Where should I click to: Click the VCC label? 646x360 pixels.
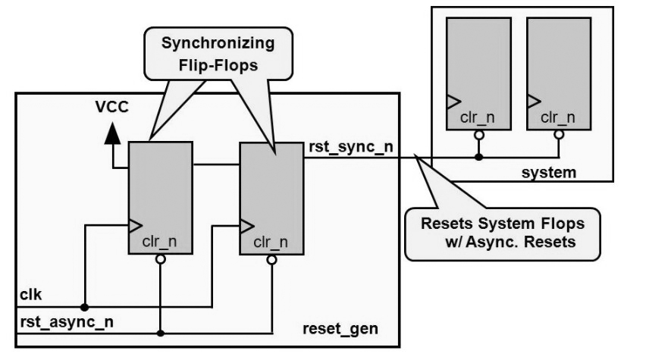point(112,107)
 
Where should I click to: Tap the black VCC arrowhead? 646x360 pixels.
point(112,133)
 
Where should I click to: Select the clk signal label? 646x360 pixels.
point(31,295)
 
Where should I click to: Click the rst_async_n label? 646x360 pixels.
point(67,321)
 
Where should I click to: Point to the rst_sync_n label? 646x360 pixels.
point(351,147)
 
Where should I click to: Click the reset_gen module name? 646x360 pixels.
point(340,329)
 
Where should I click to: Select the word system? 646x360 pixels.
point(549,172)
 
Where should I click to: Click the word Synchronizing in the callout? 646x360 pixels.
point(218,43)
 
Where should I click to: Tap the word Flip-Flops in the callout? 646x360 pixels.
point(218,65)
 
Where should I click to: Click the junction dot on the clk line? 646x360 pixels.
point(84,307)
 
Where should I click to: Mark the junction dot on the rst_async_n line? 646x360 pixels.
point(161,333)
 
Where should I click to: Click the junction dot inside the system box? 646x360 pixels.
point(478,157)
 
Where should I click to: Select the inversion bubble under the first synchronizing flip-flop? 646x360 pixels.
point(161,259)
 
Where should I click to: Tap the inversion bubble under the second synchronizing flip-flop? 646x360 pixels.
point(271,260)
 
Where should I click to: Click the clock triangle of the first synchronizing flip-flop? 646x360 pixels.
point(136,225)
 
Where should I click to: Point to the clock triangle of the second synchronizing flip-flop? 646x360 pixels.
point(246,226)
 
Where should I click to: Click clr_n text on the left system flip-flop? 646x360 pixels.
point(477,117)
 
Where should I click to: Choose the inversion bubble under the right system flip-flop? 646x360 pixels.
point(559,135)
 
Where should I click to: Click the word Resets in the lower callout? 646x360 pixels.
point(447,224)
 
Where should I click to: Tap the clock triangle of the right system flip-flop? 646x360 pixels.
point(534,102)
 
